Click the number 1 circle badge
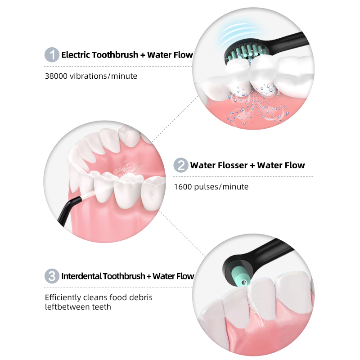(52, 54)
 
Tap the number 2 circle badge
(181, 165)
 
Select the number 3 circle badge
(52, 276)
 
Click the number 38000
(56, 76)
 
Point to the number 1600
(183, 187)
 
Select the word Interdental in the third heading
(81, 276)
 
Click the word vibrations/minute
(103, 76)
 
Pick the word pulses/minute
(221, 187)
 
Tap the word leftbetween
(67, 307)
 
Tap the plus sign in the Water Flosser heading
(252, 166)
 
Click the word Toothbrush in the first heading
(116, 55)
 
